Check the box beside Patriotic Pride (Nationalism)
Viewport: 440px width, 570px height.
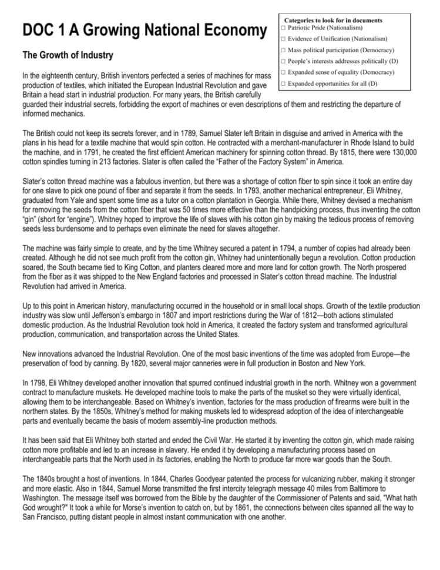click(283, 28)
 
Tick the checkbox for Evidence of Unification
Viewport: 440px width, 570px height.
click(283, 39)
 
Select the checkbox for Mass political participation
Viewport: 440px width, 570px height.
click(283, 50)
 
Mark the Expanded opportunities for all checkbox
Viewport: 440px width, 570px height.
click(283, 83)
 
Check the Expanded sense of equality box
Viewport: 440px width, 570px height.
click(283, 72)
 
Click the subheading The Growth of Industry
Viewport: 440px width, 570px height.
click(68, 56)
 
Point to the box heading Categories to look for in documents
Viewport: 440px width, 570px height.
click(333, 21)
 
